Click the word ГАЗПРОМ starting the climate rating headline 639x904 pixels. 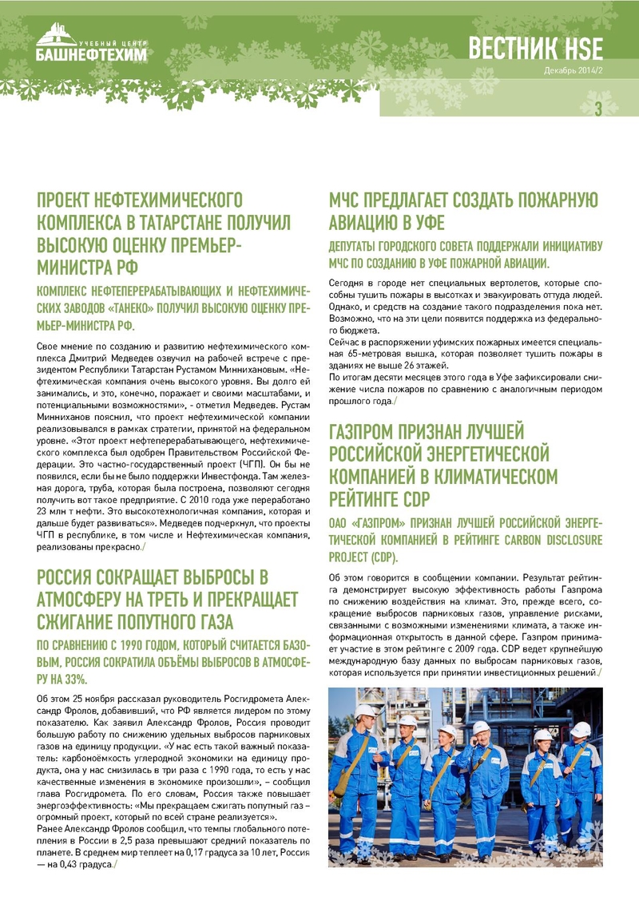pyautogui.click(x=369, y=434)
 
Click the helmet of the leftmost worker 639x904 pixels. pyautogui.click(x=365, y=710)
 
